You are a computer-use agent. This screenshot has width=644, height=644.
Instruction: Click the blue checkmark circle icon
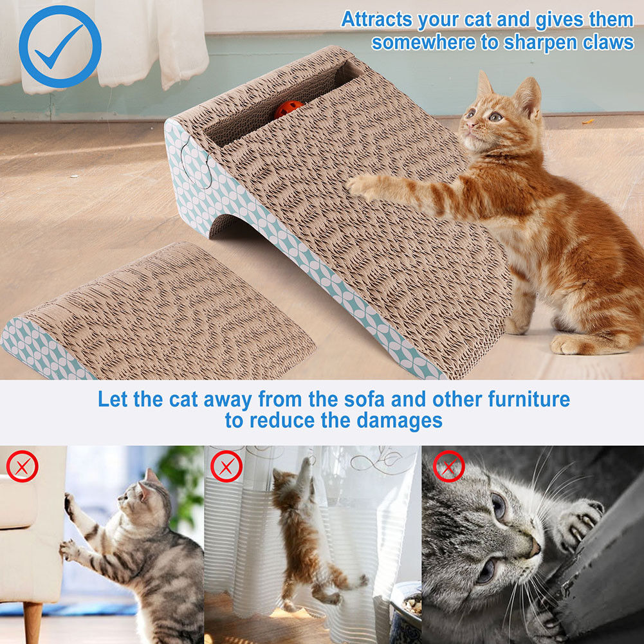(60, 46)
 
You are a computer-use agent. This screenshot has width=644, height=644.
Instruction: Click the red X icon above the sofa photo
(23, 466)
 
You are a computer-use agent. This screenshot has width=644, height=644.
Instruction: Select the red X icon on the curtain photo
(226, 466)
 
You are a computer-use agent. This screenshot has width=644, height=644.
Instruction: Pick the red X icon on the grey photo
(448, 466)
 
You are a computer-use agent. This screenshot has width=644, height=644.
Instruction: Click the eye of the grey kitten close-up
(499, 505)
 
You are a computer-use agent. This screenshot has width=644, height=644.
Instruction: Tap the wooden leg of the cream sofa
(32, 621)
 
